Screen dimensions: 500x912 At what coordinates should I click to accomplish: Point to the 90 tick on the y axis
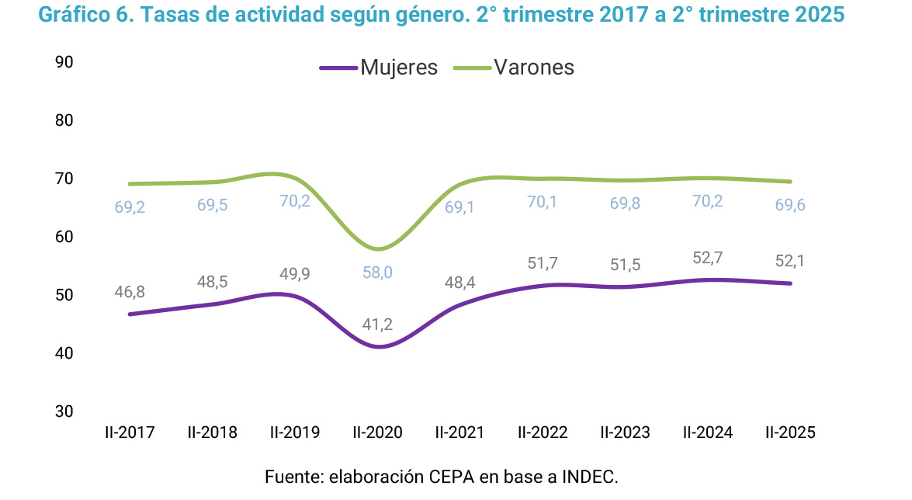tap(64, 62)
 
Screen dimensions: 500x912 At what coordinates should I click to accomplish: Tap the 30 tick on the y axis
tap(64, 411)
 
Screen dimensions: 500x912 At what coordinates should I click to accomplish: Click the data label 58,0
tap(377, 273)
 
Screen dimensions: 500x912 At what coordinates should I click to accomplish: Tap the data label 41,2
tap(377, 325)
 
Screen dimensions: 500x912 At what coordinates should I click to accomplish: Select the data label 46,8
tap(130, 293)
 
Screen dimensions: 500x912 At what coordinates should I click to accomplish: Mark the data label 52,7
tap(708, 258)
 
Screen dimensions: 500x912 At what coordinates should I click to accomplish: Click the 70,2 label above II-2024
tap(708, 204)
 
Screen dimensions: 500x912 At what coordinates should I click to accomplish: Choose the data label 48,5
tap(212, 281)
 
